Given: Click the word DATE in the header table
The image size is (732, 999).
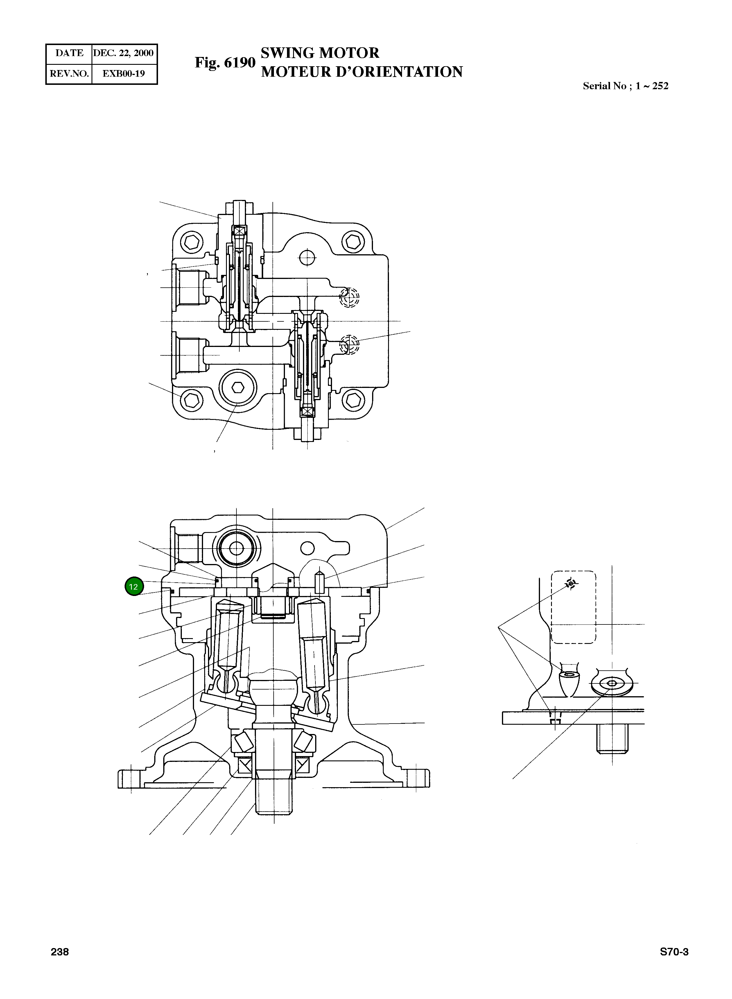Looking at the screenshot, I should (x=69, y=53).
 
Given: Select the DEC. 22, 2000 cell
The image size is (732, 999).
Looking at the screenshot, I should (x=124, y=53).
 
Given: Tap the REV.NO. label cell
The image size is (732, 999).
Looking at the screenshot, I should (x=69, y=74).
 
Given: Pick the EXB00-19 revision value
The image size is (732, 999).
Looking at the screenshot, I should (x=124, y=74).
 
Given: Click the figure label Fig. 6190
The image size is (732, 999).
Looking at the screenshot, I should (x=225, y=62).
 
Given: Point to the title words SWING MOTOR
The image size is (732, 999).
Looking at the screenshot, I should (x=320, y=53).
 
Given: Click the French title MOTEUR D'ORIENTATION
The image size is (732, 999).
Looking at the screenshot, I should (x=362, y=72).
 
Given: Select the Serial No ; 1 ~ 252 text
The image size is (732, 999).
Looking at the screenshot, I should (x=625, y=86).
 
